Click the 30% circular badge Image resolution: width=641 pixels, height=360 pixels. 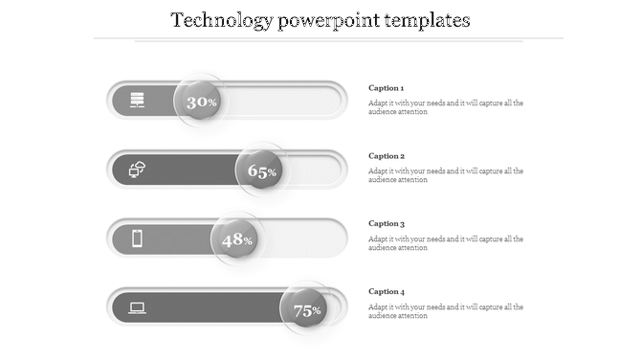[x=201, y=101]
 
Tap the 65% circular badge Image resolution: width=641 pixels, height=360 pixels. [x=262, y=170]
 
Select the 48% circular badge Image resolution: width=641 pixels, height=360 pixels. [x=236, y=239]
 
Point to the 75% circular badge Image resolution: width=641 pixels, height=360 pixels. [x=306, y=309]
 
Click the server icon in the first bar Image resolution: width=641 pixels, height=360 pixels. [x=138, y=100]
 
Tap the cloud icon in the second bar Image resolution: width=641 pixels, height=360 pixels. [x=138, y=169]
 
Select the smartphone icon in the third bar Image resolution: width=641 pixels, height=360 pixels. [x=138, y=238]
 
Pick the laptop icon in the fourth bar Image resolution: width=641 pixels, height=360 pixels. [x=138, y=307]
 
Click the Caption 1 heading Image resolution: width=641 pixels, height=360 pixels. [x=387, y=88]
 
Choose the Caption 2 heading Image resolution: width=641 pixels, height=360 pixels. [x=387, y=156]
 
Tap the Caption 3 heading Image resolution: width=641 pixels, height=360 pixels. [x=387, y=224]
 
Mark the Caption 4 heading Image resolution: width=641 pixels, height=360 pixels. [x=387, y=292]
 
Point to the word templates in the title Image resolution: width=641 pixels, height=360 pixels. [x=427, y=20]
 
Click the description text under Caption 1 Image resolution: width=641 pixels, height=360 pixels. [x=445, y=107]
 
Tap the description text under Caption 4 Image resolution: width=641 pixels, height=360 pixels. [x=445, y=311]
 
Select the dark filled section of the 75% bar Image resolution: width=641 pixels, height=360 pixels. [x=210, y=308]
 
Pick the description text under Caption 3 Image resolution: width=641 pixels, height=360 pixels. [x=445, y=243]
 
